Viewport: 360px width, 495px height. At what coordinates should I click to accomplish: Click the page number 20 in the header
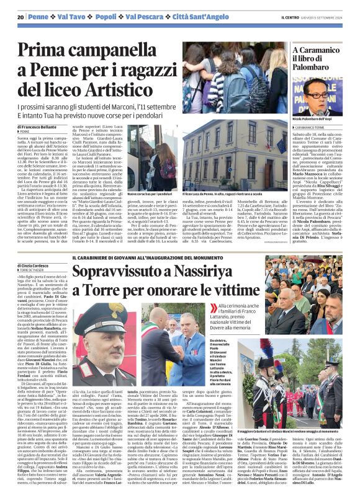pos(20,17)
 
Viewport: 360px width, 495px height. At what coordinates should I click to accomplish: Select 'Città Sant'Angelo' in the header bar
pos(191,17)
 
